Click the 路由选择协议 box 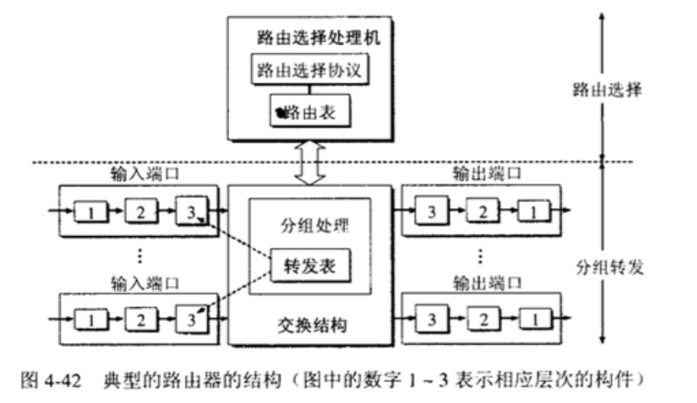coord(310,70)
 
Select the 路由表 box coord(310,112)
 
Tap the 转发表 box coord(310,266)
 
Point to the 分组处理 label coord(310,228)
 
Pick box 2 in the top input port coord(140,210)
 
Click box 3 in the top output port coord(430,210)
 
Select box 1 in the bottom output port coord(530,319)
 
